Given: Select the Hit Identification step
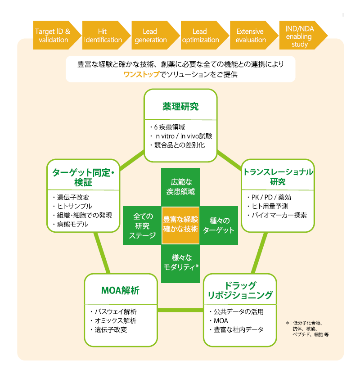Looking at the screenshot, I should click(x=102, y=36).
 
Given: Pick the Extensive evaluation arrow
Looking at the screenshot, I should click(x=250, y=36).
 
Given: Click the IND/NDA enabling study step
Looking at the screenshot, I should click(x=300, y=36).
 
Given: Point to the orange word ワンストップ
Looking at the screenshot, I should click(x=141, y=74).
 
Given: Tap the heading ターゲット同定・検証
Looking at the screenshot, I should click(x=83, y=176).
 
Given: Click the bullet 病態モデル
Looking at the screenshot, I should click(x=73, y=224).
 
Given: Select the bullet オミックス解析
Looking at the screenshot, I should click(x=115, y=320).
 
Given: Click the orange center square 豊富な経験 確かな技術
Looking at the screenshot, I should click(x=180, y=224).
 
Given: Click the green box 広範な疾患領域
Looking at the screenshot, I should click(x=180, y=187).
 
